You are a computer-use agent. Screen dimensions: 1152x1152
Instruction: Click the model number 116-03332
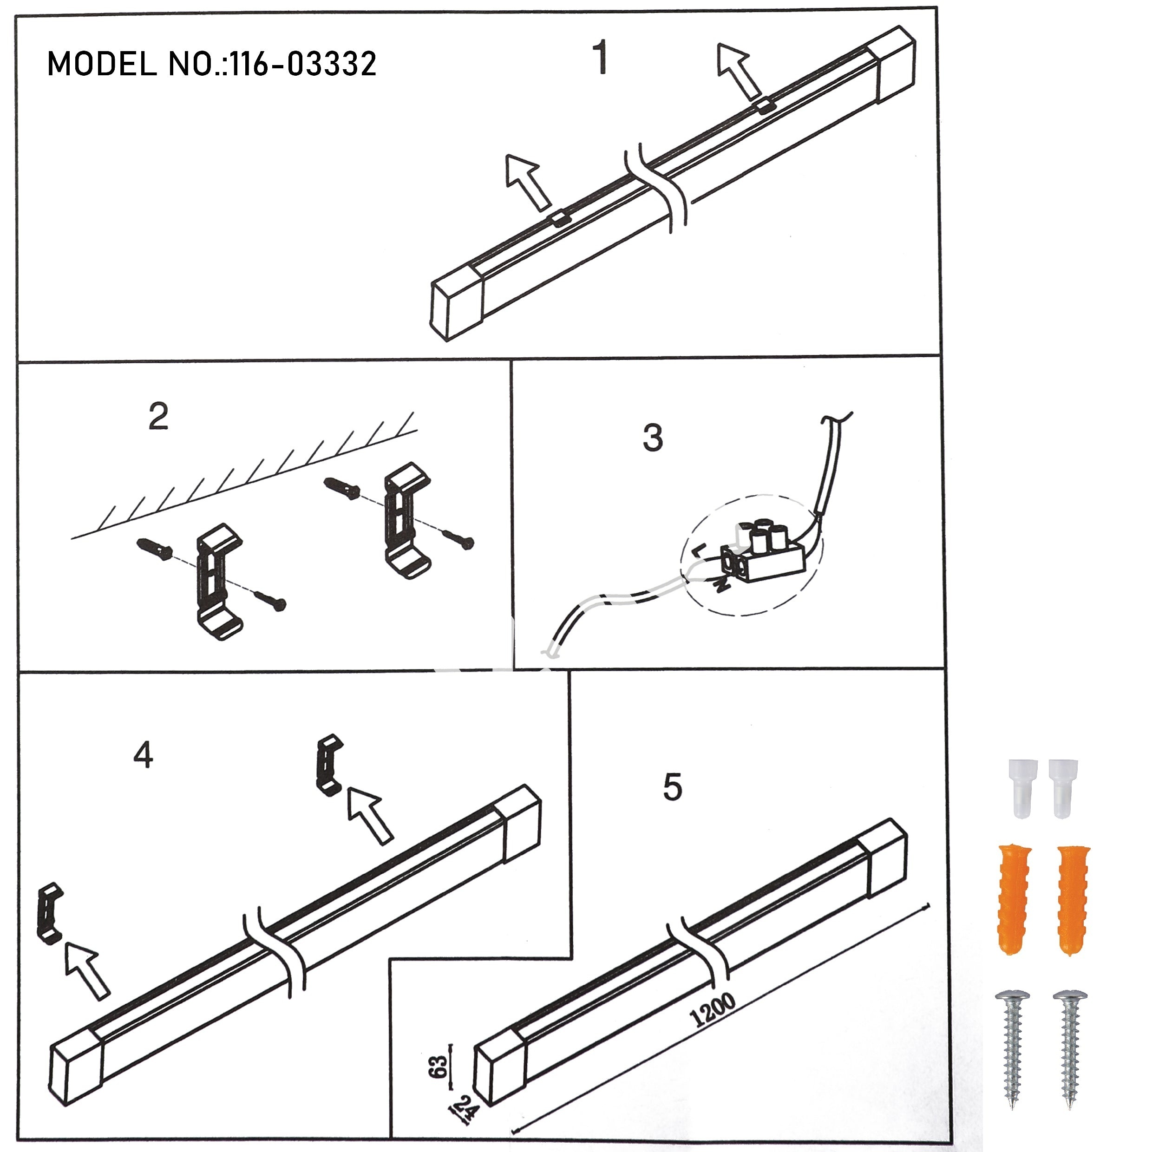click(303, 63)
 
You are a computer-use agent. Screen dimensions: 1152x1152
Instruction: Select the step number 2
click(158, 417)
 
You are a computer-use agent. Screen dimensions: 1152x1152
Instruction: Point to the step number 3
click(653, 437)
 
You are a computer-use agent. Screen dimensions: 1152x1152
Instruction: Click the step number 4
click(143, 755)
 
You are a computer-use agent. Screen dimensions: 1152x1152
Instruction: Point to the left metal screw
click(1013, 1050)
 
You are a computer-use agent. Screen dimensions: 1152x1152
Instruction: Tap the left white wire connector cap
click(1022, 788)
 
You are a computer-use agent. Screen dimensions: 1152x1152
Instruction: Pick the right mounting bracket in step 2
click(407, 521)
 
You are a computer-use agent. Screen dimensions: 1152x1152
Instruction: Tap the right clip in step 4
click(328, 765)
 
